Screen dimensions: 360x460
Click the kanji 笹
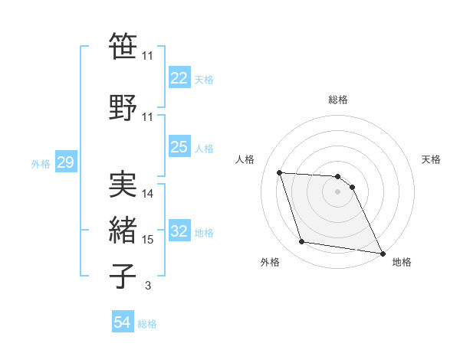(123, 46)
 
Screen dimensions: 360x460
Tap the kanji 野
(123, 106)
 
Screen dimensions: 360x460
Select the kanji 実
(123, 184)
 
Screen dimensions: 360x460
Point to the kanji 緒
(123, 230)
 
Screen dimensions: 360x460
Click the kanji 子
(123, 276)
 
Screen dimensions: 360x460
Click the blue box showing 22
(179, 78)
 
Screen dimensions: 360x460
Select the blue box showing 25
(179, 147)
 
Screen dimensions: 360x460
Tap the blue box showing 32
(179, 231)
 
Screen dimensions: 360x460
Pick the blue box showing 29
(64, 162)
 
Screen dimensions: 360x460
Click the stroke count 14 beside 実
(148, 194)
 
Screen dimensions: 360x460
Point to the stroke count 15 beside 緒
(148, 240)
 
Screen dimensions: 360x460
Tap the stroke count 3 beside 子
(147, 286)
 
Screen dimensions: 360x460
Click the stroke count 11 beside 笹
(148, 56)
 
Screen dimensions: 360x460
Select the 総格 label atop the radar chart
(338, 100)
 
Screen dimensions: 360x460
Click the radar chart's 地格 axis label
(402, 262)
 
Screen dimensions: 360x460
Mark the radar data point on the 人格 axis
(280, 172)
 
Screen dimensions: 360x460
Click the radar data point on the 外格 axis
(302, 242)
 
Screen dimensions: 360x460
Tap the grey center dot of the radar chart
(338, 191)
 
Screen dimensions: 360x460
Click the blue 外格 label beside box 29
(40, 163)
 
